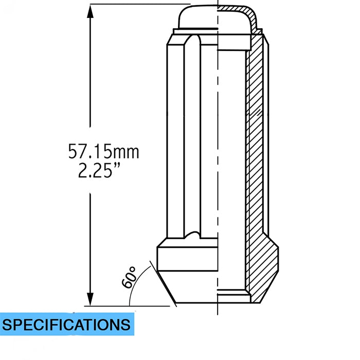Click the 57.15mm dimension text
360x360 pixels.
coord(103,151)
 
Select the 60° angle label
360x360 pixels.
coord(129,277)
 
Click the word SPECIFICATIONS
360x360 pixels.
coord(66,325)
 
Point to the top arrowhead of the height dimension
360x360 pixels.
coord(90,11)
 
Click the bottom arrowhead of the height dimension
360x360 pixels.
coord(90,299)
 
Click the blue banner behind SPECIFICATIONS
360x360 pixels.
coord(67,324)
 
